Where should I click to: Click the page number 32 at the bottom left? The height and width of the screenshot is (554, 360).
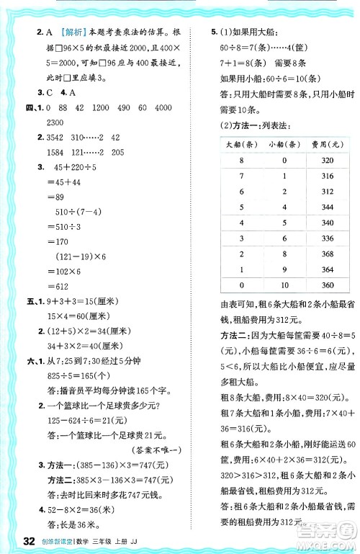point(30,541)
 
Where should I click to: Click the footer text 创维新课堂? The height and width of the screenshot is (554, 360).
point(62,542)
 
